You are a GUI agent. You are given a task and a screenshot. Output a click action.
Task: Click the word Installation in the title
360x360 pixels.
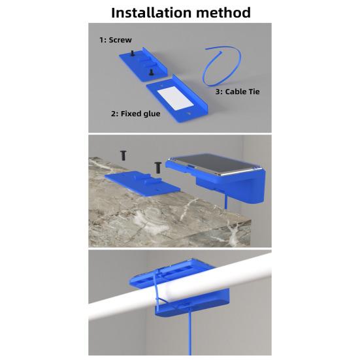[151, 12]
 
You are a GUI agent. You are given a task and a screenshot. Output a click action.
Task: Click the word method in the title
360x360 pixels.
[223, 12]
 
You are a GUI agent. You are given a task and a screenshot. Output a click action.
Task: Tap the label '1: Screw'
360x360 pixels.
[116, 40]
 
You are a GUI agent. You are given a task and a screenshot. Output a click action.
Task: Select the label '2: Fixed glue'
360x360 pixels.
[136, 114]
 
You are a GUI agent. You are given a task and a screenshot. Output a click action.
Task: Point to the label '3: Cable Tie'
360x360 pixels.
[237, 91]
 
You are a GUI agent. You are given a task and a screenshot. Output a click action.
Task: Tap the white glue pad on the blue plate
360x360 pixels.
[176, 99]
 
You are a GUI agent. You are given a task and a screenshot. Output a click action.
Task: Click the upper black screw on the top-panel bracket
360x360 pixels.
[132, 54]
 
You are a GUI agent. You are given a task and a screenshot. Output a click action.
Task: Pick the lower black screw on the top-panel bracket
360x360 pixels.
[151, 72]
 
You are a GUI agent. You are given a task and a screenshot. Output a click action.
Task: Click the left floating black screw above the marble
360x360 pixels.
[123, 155]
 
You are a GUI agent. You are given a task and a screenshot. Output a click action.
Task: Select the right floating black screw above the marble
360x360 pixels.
[157, 167]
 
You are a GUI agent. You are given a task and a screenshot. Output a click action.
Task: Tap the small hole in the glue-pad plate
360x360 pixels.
[188, 114]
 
